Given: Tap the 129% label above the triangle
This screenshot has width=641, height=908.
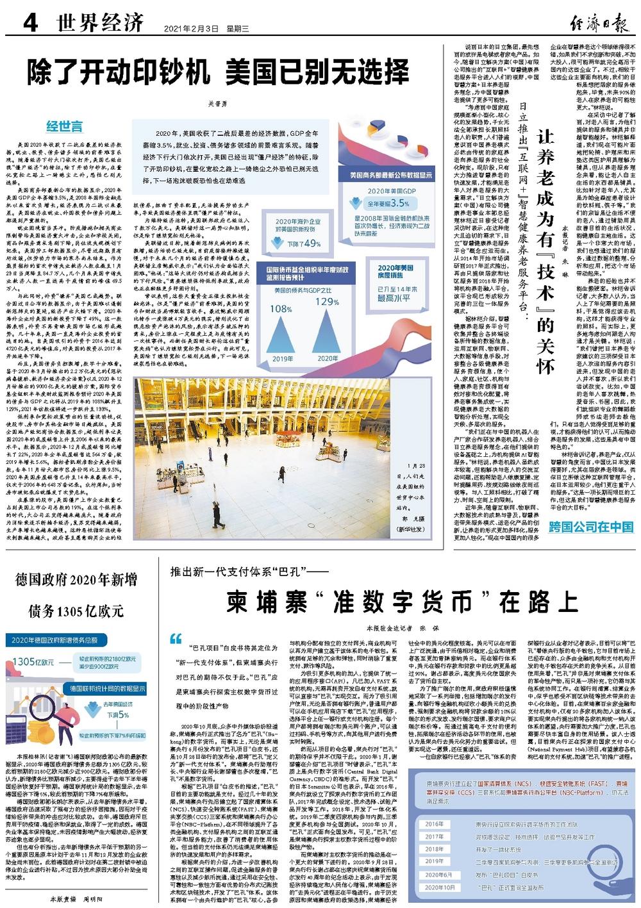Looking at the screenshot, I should tap(326, 302).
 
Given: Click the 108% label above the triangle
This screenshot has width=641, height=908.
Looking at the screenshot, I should tap(280, 309).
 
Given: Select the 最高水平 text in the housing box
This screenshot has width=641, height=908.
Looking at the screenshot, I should tap(396, 297).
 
